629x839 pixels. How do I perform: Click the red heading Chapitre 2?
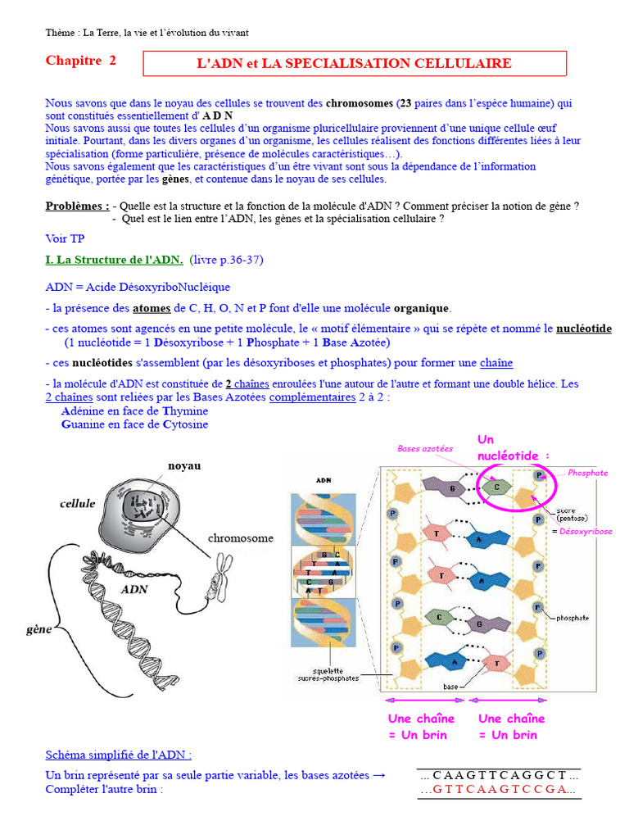[x=81, y=61]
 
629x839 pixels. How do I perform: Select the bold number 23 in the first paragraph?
[x=405, y=104]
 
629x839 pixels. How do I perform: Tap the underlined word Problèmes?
[x=77, y=206]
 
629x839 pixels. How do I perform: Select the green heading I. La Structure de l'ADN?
[x=114, y=260]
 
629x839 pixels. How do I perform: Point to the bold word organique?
[x=421, y=308]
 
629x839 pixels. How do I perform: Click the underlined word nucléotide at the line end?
[x=583, y=329]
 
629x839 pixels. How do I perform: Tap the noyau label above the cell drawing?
[x=184, y=465]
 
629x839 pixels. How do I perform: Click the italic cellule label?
[x=77, y=503]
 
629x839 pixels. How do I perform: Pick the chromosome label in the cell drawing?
[x=241, y=538]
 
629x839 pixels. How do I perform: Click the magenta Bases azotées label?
[x=425, y=449]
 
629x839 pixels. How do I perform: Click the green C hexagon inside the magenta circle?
[x=494, y=485]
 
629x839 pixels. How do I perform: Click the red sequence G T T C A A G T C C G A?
[x=499, y=790]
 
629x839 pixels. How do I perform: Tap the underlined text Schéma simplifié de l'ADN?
[x=119, y=755]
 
